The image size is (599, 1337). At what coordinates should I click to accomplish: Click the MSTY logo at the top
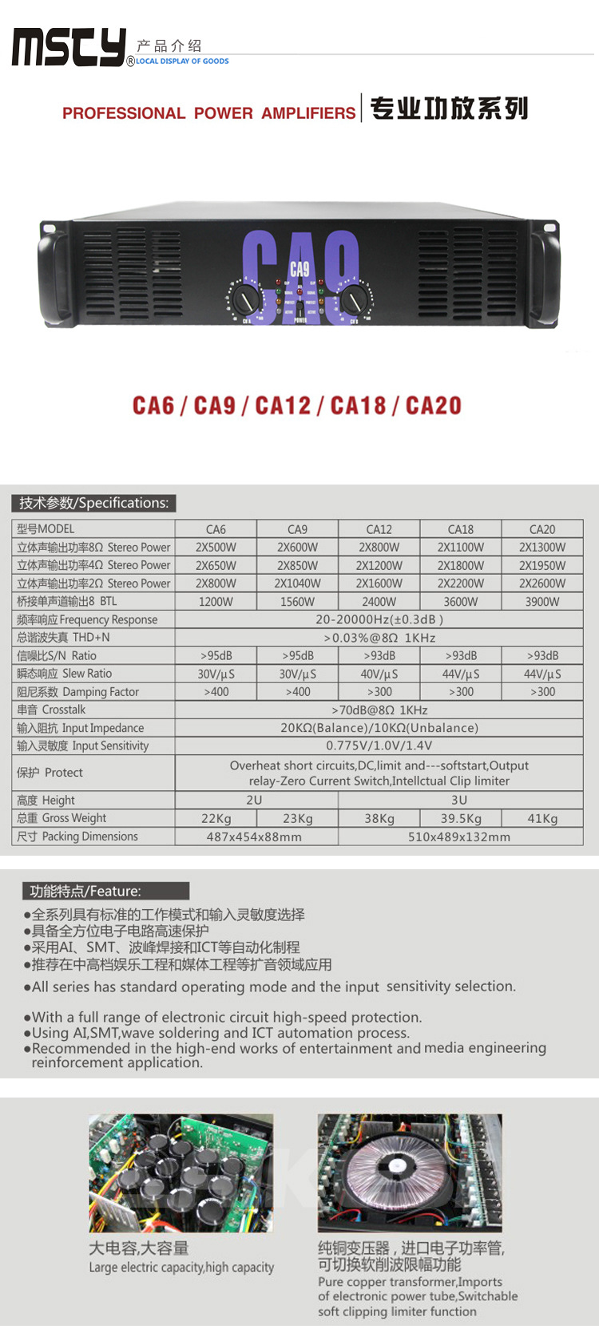tap(69, 47)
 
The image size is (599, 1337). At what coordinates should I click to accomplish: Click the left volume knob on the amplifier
tap(245, 300)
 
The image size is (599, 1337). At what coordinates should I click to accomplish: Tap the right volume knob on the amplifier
tap(353, 300)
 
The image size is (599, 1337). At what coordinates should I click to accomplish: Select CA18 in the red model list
tap(358, 405)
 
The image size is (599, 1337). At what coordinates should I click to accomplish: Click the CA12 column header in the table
tap(379, 529)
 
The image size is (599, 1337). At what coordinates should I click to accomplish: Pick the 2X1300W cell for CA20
tap(541, 548)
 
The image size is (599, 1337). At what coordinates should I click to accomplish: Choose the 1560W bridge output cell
tap(297, 602)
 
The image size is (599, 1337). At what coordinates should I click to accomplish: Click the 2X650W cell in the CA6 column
tap(216, 565)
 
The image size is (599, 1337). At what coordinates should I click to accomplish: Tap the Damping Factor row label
tap(78, 692)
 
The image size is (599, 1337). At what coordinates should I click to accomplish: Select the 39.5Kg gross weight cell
tap(461, 818)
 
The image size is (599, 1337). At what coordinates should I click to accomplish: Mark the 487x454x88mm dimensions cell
tap(254, 837)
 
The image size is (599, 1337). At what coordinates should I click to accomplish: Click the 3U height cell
tap(459, 800)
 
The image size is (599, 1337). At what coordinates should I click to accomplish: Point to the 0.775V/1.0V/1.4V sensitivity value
tap(379, 746)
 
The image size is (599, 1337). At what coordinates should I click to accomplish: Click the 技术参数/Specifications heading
tap(93, 503)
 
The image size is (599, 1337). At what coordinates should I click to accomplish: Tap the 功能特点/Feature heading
tap(85, 891)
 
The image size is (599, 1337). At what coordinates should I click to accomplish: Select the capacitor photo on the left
tap(181, 1173)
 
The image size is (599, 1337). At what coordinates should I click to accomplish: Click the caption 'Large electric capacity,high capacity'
tap(181, 1268)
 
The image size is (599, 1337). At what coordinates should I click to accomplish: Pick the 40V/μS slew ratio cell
tap(379, 674)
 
